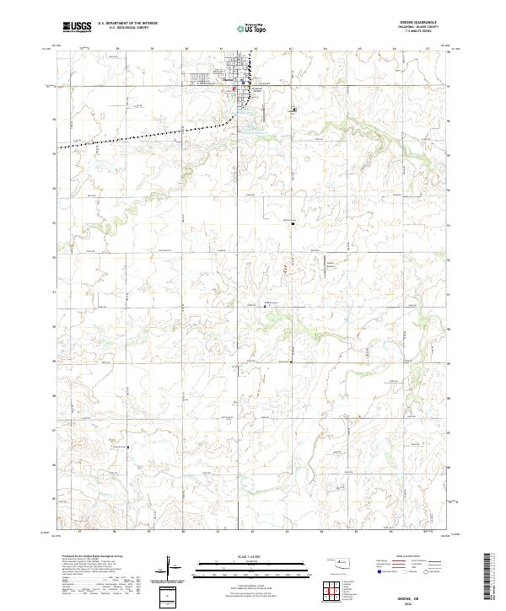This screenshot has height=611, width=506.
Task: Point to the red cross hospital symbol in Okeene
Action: click(x=236, y=86)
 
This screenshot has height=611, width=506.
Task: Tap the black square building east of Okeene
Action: click(x=294, y=110)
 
